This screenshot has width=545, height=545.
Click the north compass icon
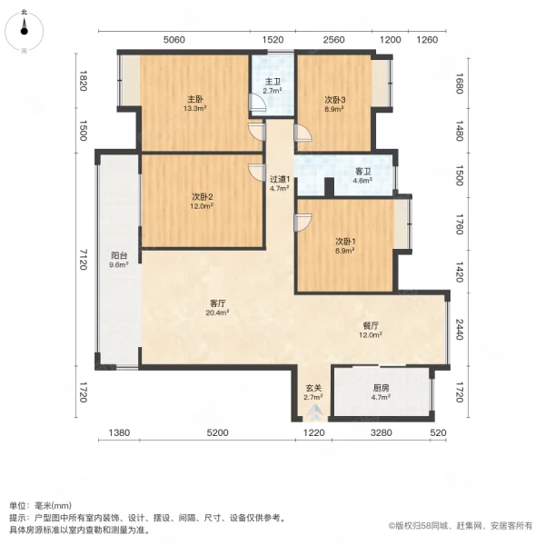pyautogui.click(x=24, y=31)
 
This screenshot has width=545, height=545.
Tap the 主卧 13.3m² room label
pyautogui.click(x=195, y=104)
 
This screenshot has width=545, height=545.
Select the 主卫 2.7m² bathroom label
pyautogui.click(x=272, y=86)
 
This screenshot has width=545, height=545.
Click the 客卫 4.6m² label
pyautogui.click(x=362, y=176)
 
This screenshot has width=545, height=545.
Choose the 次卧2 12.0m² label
pyautogui.click(x=202, y=202)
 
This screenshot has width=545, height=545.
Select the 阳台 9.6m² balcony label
pyautogui.click(x=119, y=260)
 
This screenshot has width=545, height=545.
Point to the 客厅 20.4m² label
pyautogui.click(x=217, y=308)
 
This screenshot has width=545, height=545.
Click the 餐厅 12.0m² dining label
pyautogui.click(x=371, y=331)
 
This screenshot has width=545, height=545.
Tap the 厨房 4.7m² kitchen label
pyautogui.click(x=381, y=392)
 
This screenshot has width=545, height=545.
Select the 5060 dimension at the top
pyautogui.click(x=174, y=40)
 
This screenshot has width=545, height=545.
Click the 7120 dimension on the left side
pyautogui.click(x=83, y=259)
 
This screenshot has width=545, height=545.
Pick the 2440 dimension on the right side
pyautogui.click(x=459, y=330)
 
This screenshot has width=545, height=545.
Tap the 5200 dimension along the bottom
pyautogui.click(x=218, y=432)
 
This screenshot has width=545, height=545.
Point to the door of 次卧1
pyautogui.click(x=302, y=223)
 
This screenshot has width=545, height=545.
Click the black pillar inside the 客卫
pyautogui.click(x=329, y=187)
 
